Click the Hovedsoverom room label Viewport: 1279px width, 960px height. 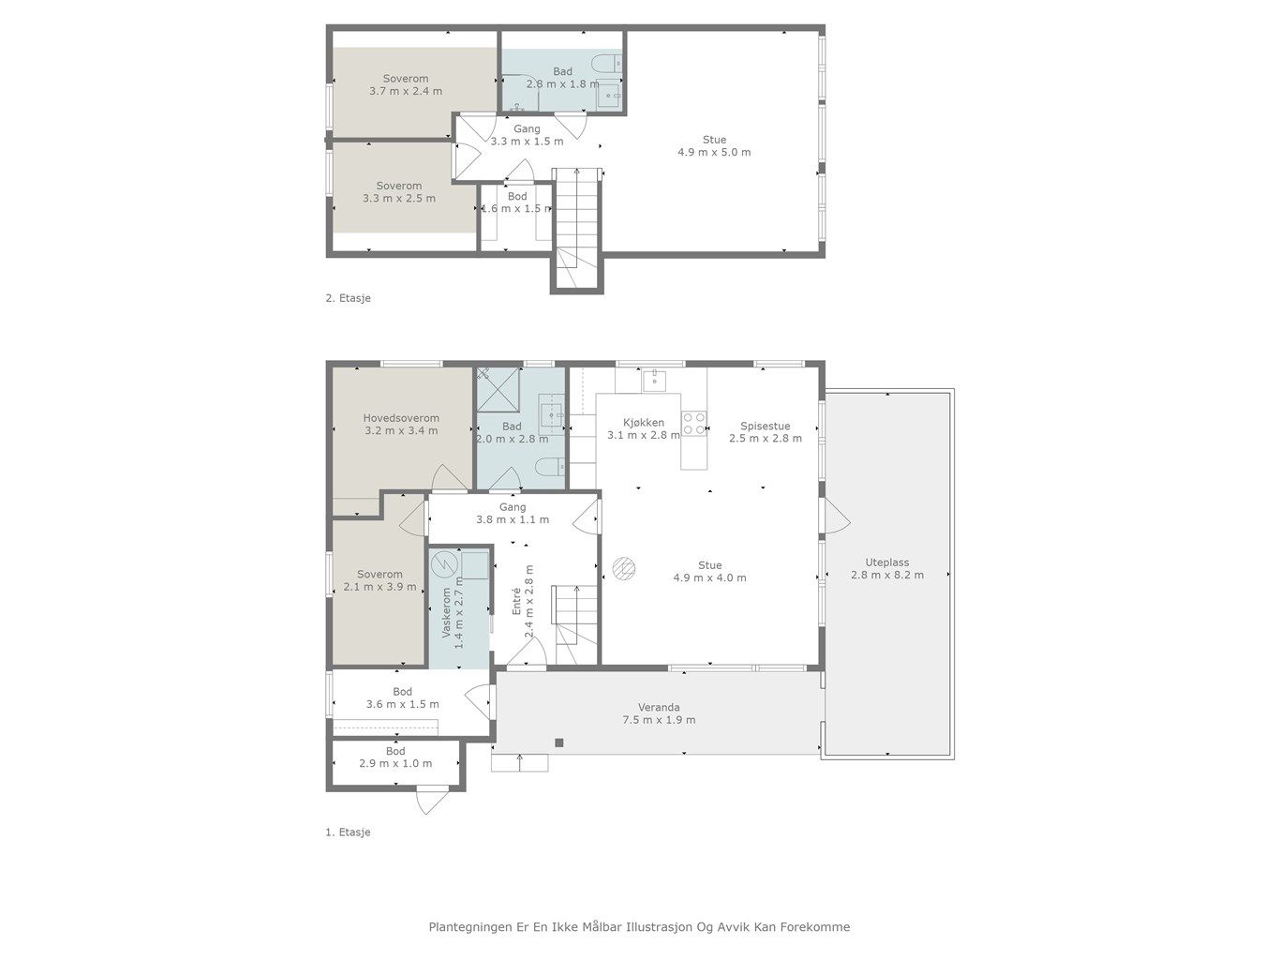point(401,418)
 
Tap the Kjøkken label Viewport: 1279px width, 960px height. point(644,423)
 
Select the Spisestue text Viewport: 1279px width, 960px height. point(766,426)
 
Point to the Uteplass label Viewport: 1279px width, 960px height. point(886,562)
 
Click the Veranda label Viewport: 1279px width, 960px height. point(659,707)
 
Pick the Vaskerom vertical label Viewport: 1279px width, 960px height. point(446,612)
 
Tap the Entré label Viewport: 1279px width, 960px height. point(516,600)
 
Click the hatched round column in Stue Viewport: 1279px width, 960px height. point(624,568)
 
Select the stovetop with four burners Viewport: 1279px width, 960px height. point(694,423)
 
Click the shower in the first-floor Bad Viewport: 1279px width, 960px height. point(498,389)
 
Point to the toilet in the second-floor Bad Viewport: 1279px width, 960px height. point(606,63)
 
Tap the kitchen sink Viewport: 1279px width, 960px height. point(655,380)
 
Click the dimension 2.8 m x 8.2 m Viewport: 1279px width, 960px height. point(886,575)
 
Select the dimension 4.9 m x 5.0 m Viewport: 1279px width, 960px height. point(714,152)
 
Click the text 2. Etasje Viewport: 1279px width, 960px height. point(348,298)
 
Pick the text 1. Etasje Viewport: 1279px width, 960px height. point(348,832)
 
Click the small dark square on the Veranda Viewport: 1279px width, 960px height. point(558,742)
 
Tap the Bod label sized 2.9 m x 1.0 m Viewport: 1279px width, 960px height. point(395,751)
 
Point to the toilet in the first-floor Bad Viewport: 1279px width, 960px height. point(549,466)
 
